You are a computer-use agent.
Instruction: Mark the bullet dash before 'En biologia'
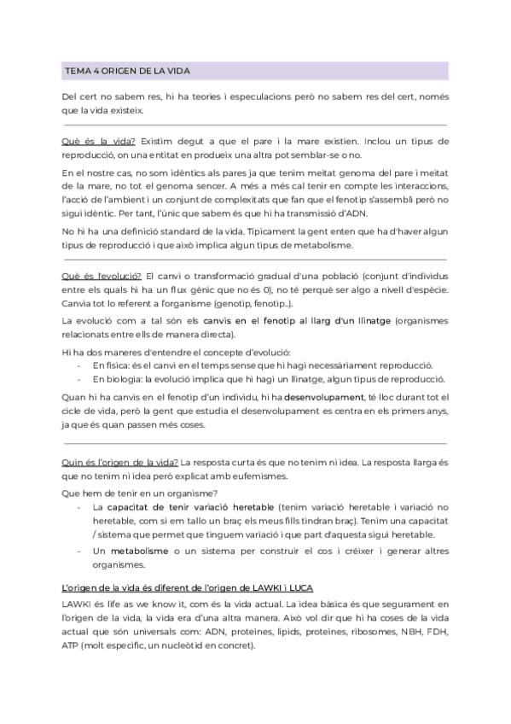(x=79, y=378)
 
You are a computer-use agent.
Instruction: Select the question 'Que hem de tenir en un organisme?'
(x=141, y=493)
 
